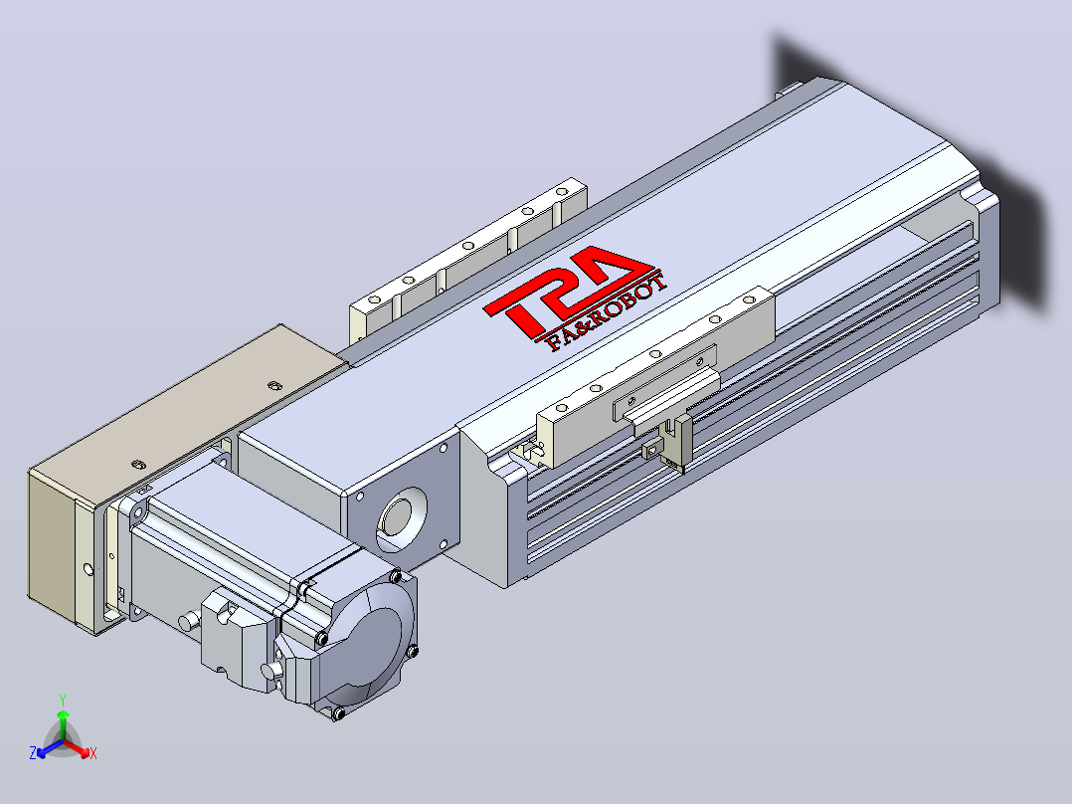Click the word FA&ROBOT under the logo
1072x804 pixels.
pyautogui.click(x=607, y=312)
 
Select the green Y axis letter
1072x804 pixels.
pyautogui.click(x=63, y=700)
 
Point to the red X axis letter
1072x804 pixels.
pyautogui.click(x=93, y=753)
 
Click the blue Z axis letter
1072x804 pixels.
pyautogui.click(x=32, y=752)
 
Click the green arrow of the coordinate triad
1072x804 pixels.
pyautogui.click(x=63, y=724)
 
